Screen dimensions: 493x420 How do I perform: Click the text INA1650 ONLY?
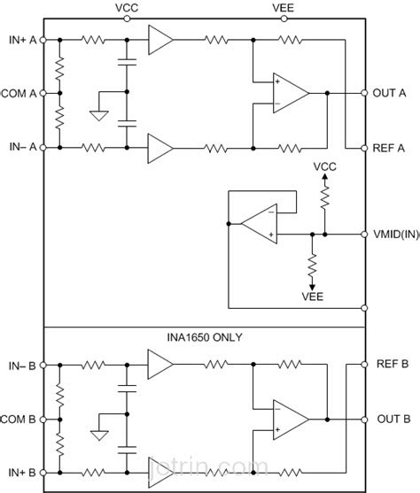(x=205, y=337)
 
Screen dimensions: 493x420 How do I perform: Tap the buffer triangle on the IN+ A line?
(x=159, y=40)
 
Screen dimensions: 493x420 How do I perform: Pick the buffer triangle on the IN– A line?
(x=159, y=146)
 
